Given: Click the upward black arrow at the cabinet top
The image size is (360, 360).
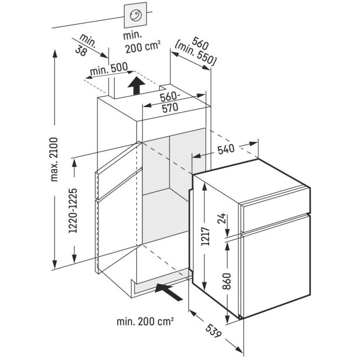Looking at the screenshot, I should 135,86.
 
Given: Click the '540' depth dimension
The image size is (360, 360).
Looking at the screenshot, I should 224,149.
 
